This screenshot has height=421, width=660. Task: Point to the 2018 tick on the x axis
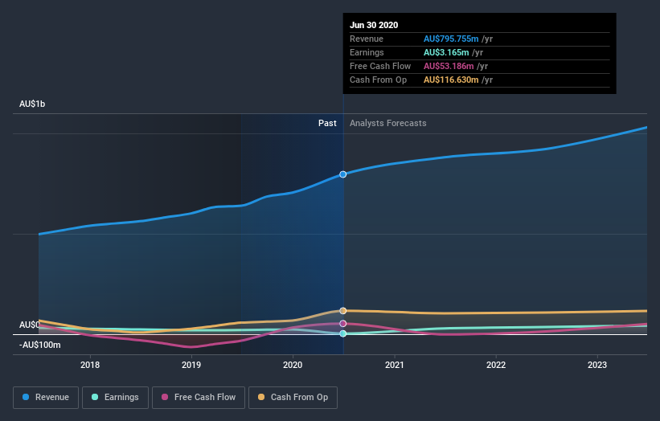[90, 364]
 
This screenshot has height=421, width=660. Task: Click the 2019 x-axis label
[191, 364]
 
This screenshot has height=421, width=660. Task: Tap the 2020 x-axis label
[293, 364]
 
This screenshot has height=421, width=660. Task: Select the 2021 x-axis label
[395, 364]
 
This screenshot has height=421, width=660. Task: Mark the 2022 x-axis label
[496, 364]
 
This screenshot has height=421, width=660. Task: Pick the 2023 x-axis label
[597, 364]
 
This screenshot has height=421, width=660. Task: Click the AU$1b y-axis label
[36, 104]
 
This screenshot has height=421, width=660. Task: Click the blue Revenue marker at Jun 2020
[343, 174]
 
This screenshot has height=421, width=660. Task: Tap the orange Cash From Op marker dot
[343, 310]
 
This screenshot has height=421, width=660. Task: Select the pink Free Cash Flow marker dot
[343, 323]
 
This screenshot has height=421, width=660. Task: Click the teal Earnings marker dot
[343, 333]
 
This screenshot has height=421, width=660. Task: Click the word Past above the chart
[327, 123]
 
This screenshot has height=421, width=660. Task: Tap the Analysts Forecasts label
[387, 123]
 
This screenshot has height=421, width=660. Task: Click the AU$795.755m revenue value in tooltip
[451, 39]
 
